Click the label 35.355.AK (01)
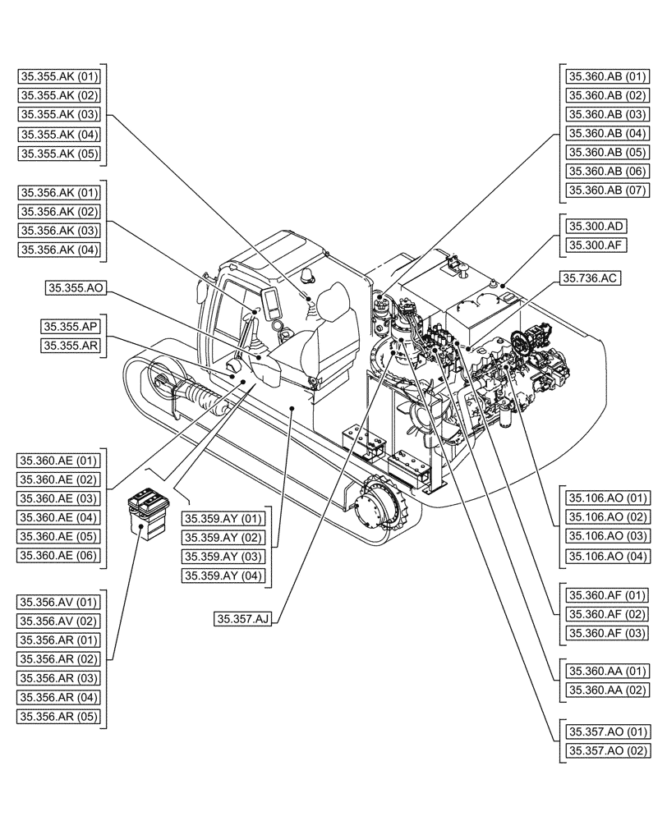click(58, 77)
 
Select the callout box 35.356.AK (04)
click(58, 250)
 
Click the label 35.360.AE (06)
click(58, 556)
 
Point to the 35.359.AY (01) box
click(223, 519)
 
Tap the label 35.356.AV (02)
click(58, 621)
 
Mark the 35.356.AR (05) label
click(58, 716)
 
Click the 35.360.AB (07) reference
click(607, 190)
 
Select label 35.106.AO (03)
click(607, 536)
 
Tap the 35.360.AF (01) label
click(607, 595)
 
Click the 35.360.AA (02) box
click(607, 691)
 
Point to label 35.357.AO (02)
click(607, 750)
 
